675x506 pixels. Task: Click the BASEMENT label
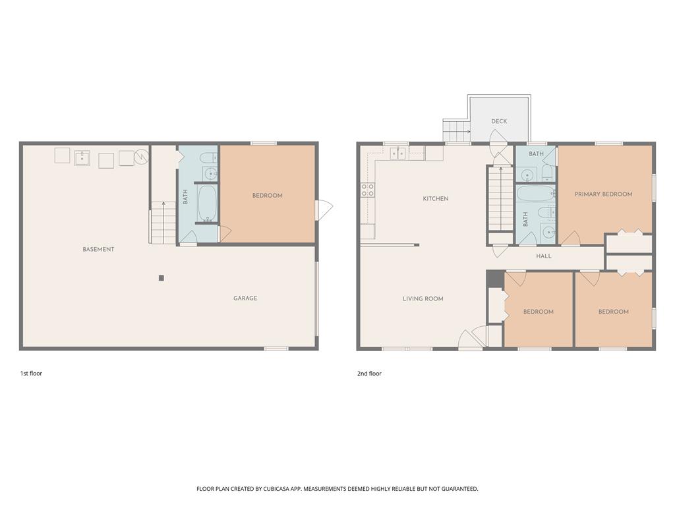[x=98, y=249]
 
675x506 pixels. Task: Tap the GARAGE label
[x=245, y=298]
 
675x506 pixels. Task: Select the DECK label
[x=499, y=121]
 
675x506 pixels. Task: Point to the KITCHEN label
[x=436, y=198]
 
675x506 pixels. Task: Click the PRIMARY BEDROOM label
[x=603, y=194]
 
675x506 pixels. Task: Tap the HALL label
[x=544, y=256]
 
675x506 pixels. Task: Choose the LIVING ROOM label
[x=423, y=299]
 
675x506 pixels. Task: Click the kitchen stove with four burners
[x=367, y=190]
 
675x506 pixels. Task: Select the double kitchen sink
[x=397, y=154]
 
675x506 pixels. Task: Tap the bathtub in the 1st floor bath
[x=207, y=203]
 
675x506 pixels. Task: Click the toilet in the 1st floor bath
[x=208, y=158]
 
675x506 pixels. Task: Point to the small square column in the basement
[x=161, y=278]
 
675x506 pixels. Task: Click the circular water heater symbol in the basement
[x=141, y=157]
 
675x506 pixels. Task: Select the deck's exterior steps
[x=455, y=130]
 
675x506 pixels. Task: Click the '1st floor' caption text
[x=31, y=374]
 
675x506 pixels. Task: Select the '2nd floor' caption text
[x=369, y=374]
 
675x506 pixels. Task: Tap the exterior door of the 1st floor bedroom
[x=324, y=210]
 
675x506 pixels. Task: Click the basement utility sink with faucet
[x=82, y=157]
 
